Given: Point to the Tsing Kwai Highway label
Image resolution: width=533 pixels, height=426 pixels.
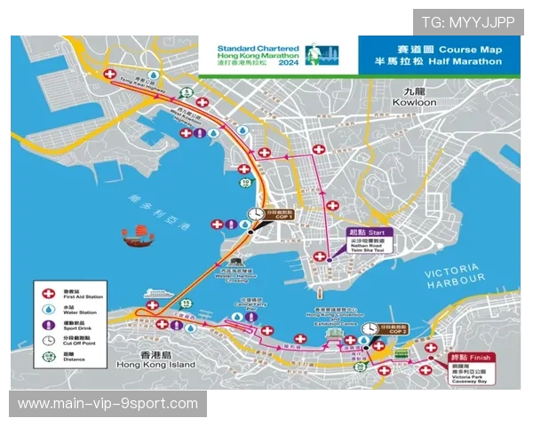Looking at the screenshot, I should coord(139,84).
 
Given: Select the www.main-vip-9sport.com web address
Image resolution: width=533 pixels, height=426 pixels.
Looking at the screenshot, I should coord(108,404).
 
